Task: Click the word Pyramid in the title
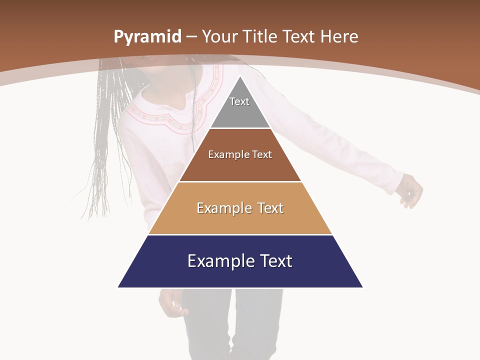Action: (x=147, y=37)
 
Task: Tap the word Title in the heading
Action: (x=260, y=37)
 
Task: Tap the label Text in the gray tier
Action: (x=239, y=101)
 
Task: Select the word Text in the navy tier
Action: (x=274, y=261)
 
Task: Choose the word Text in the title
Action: (x=300, y=37)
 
